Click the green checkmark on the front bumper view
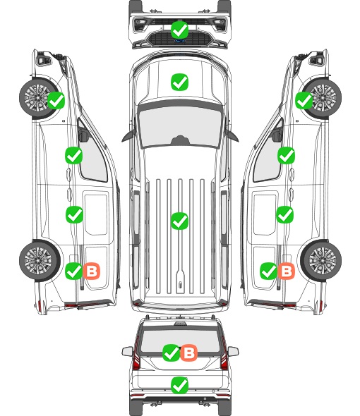(x=179, y=30)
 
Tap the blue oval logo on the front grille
(x=180, y=41)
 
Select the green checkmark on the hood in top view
(x=179, y=82)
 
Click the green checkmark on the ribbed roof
(x=179, y=221)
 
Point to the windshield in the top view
(x=180, y=127)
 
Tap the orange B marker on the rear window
(x=189, y=353)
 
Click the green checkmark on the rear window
(x=171, y=353)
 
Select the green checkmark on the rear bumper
(x=179, y=385)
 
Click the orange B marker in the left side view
(x=92, y=271)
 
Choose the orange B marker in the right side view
(x=287, y=271)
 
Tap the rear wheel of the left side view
(x=39, y=261)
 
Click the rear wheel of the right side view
(x=321, y=261)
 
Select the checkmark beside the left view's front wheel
(x=56, y=100)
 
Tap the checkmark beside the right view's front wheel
(x=304, y=100)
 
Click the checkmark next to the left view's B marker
(x=74, y=271)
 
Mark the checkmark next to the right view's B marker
(x=269, y=271)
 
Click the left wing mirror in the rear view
(x=128, y=351)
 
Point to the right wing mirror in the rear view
(x=233, y=351)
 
